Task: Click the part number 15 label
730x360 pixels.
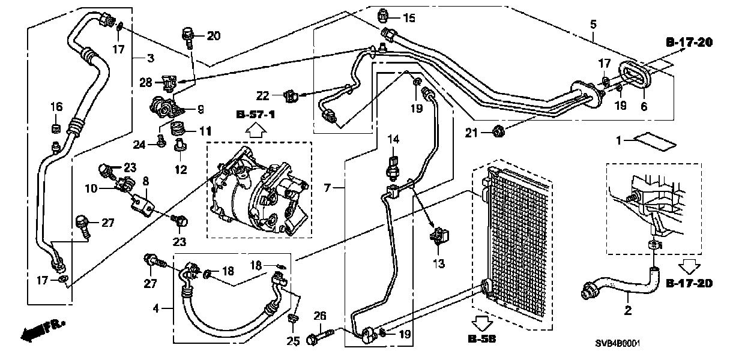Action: tap(409, 18)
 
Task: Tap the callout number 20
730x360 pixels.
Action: tap(213, 35)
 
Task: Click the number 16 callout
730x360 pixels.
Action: tap(56, 107)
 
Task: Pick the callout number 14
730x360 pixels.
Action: tap(393, 140)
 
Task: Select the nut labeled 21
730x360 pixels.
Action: tap(497, 130)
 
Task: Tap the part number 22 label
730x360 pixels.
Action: tap(263, 95)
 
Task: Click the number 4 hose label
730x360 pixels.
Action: tap(156, 309)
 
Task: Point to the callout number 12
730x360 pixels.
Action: tap(181, 170)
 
